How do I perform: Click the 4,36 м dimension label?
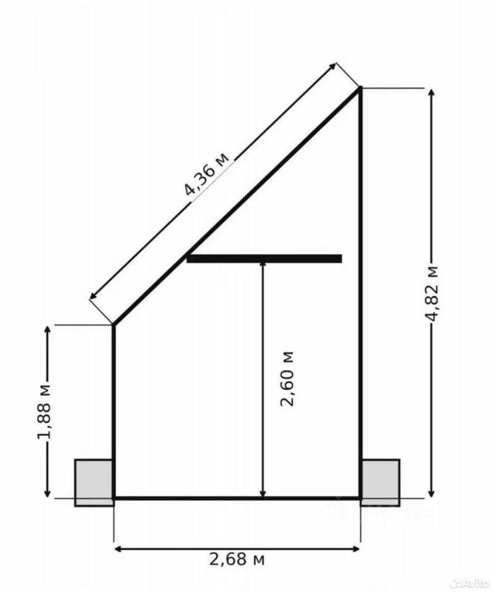pyautogui.click(x=207, y=174)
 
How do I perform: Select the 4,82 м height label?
pyautogui.click(x=432, y=293)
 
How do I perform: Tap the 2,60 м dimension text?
pyautogui.click(x=287, y=379)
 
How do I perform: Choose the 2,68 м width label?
pyautogui.click(x=237, y=559)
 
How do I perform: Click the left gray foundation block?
pyautogui.click(x=94, y=482)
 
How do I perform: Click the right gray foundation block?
pyautogui.click(x=381, y=482)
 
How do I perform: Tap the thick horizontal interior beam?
pyautogui.click(x=265, y=258)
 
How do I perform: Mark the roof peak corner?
pyautogui.click(x=360, y=88)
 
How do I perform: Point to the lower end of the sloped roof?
pyautogui.click(x=113, y=324)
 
